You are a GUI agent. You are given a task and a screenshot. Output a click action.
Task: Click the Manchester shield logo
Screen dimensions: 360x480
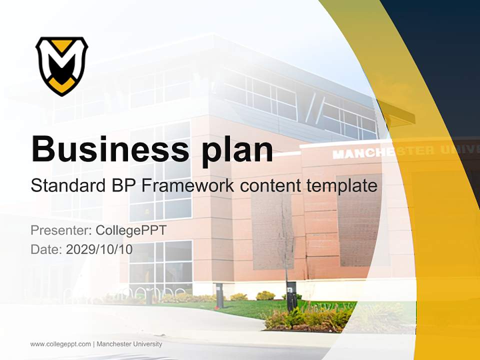click(x=61, y=65)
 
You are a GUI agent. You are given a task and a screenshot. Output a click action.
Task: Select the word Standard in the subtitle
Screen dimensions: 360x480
click(x=66, y=185)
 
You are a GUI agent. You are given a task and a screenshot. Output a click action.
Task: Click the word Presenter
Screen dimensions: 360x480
click(x=59, y=230)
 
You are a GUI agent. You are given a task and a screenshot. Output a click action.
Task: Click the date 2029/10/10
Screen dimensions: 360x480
click(x=99, y=249)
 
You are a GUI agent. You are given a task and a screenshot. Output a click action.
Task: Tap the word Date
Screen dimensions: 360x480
click(x=45, y=249)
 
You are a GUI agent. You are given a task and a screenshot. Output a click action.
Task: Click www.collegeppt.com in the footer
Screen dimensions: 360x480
click(x=60, y=344)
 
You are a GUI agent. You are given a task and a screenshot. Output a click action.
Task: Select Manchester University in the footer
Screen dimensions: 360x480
click(x=129, y=344)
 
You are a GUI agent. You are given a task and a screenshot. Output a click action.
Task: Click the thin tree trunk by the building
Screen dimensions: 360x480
click(x=286, y=240)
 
